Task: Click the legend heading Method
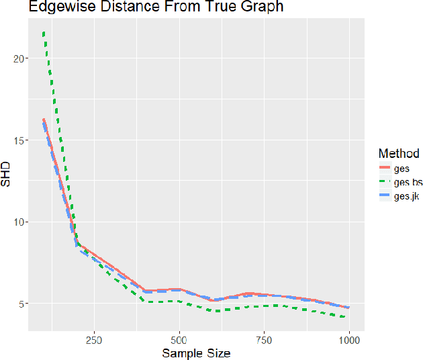coord(398,153)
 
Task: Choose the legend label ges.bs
coord(408,182)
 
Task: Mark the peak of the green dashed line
coord(44,32)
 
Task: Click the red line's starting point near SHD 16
coord(44,120)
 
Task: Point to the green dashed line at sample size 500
coord(179,301)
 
